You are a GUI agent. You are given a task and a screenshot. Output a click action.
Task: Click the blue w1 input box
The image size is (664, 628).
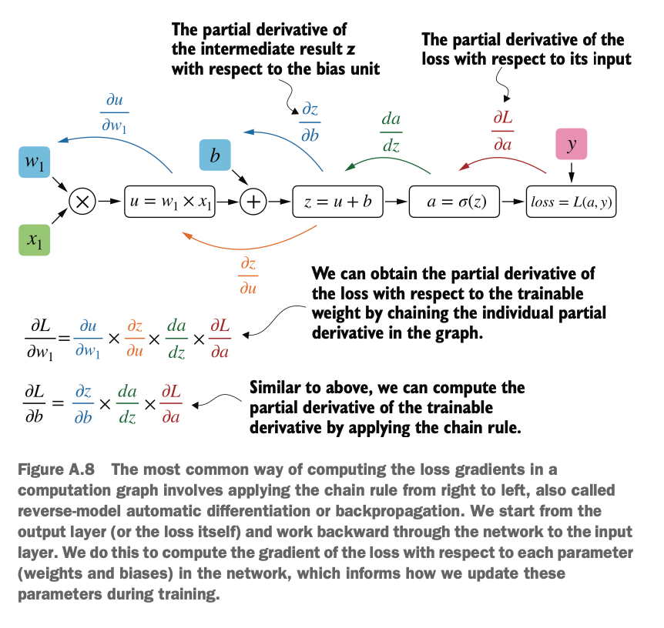35,162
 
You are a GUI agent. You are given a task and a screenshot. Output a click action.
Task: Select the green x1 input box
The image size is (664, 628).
35,240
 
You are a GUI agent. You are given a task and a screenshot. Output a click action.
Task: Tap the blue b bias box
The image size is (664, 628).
215,155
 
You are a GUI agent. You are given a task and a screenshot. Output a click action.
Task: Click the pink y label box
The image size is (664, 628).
572,144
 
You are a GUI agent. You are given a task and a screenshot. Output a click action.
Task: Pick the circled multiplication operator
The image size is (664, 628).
82,202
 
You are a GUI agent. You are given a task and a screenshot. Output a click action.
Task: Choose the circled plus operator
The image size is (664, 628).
253,202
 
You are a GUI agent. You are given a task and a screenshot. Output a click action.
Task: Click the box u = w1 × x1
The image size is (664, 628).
169,202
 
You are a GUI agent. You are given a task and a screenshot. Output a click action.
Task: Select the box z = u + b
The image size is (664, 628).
338,202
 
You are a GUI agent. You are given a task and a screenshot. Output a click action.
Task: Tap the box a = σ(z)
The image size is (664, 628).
454,202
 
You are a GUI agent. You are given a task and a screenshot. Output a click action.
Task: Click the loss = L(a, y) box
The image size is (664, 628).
572,202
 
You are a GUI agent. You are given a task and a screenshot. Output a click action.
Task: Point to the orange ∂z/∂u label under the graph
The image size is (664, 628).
248,276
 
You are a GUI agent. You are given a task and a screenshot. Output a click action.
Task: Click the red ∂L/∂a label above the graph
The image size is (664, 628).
503,131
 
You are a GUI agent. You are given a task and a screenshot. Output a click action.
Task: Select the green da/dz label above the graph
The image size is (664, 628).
391,132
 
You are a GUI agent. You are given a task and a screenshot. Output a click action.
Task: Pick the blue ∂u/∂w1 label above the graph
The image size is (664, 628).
114,113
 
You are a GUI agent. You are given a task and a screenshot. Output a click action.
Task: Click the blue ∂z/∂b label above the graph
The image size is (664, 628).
310,122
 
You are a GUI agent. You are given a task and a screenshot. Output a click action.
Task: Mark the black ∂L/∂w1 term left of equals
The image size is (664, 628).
40,339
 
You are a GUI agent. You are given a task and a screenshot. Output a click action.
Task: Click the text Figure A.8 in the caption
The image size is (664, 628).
56,469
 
